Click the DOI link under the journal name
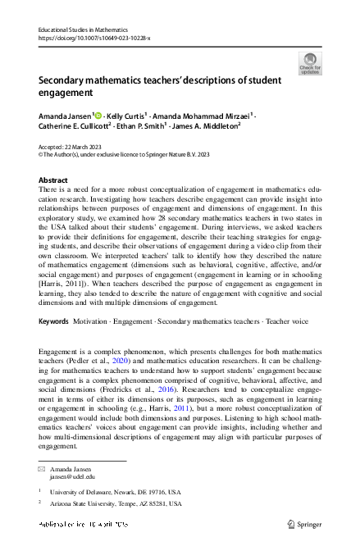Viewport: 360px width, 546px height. (x=94, y=38)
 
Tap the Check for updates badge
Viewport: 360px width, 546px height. (x=310, y=64)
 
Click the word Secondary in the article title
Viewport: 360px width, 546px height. (x=66, y=82)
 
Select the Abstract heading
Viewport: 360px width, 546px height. (x=53, y=180)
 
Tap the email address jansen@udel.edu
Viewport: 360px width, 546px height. (x=72, y=475)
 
